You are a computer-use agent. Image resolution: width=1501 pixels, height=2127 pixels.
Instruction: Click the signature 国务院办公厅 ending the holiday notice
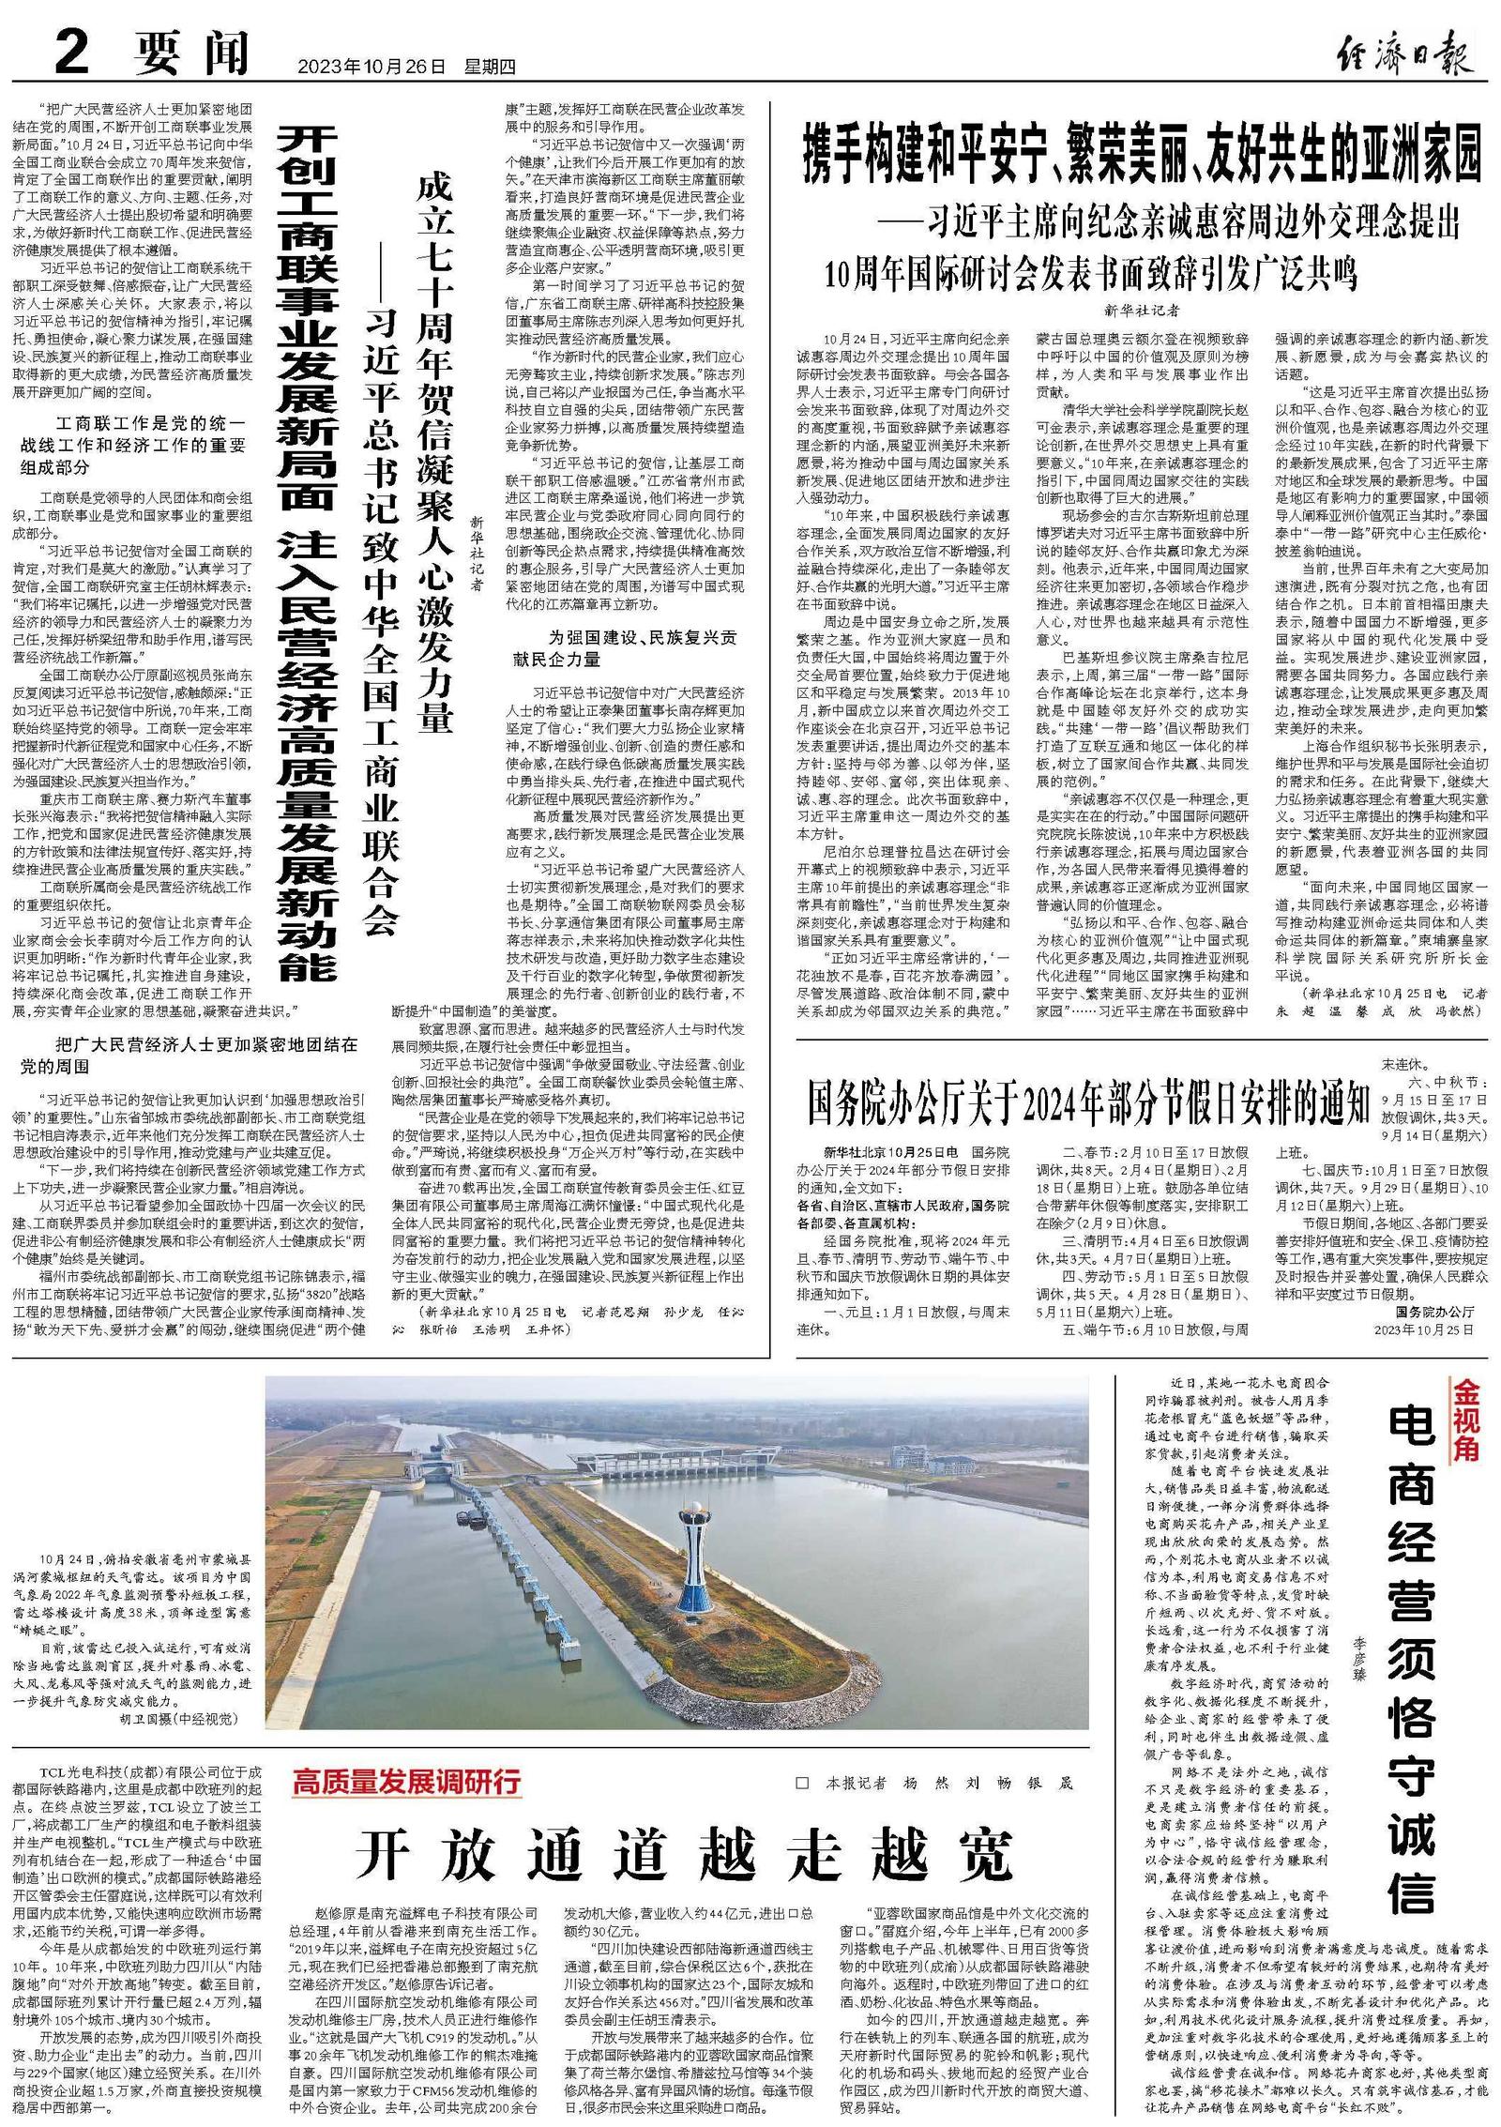(1434, 1311)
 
